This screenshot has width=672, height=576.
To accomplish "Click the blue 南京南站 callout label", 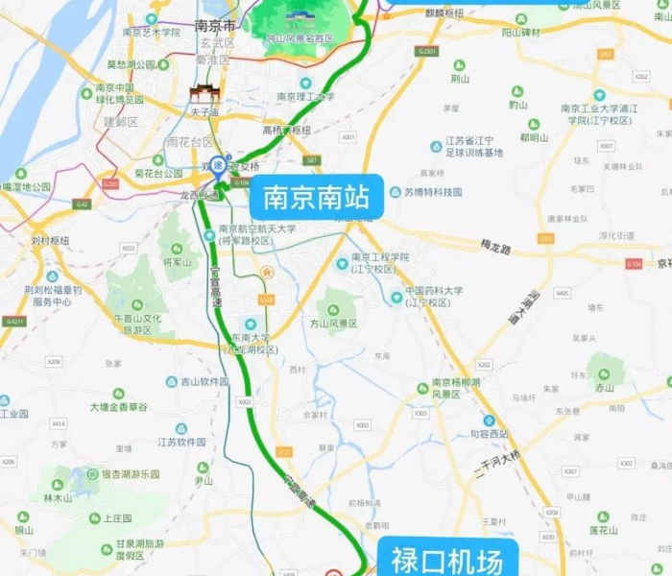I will point(316,199).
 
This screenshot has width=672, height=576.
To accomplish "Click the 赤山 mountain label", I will point(604,389).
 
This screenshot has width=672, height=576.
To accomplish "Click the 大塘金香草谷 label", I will point(119,407).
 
